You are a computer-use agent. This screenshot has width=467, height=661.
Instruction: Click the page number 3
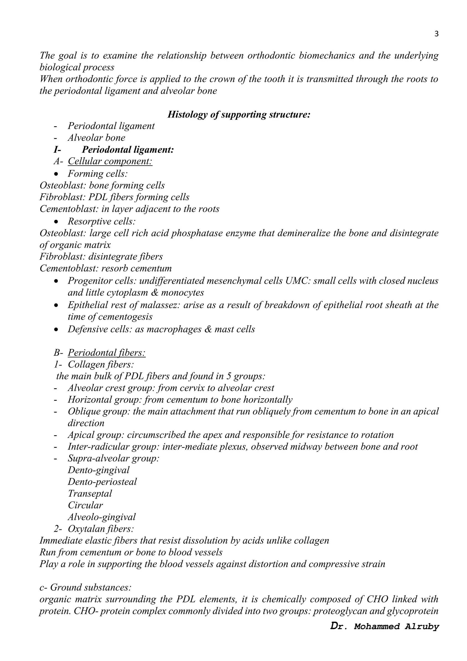coord(436,34)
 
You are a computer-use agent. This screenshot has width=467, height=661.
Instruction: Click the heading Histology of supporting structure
coord(239,115)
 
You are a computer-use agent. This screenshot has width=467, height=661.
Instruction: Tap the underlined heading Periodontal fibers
coord(107,353)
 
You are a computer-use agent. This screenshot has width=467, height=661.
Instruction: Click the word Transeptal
coord(90,493)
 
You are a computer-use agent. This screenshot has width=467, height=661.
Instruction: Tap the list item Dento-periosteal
coord(102,481)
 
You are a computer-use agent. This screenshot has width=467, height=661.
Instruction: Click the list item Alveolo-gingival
coord(101,517)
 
